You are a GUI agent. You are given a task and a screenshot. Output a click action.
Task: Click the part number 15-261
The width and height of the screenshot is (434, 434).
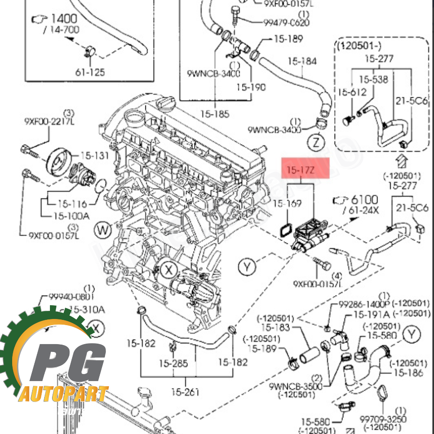185,392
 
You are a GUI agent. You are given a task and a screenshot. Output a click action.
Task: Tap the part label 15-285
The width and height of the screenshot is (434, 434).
173,363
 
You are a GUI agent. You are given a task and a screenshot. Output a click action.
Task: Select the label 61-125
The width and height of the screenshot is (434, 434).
90,72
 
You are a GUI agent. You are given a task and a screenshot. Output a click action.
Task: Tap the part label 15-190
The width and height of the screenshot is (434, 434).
251,87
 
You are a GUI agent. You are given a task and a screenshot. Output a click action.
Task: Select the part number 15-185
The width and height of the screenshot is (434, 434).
214,115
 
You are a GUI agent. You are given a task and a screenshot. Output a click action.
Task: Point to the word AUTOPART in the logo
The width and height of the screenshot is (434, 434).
64,394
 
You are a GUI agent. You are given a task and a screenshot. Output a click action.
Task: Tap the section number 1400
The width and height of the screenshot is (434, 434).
64,19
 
